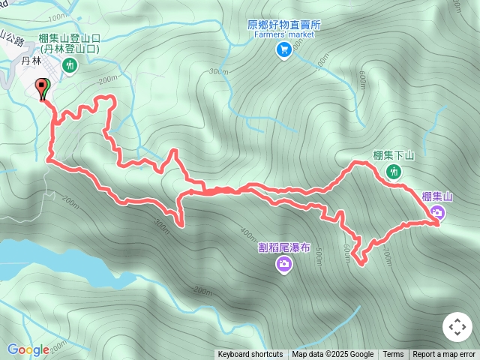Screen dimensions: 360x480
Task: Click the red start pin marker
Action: tap(43, 87)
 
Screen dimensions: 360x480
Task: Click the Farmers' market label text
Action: tap(284, 34)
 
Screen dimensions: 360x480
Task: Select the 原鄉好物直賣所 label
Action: tap(284, 24)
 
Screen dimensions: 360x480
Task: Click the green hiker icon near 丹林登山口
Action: tap(70, 66)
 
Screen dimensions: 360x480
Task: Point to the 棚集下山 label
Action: tap(393, 156)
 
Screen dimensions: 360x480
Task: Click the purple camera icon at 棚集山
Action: tap(437, 213)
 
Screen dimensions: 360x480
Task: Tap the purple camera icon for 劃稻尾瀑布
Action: tap(284, 263)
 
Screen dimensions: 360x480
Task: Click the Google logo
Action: tap(28, 349)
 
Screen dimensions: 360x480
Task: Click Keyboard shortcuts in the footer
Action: tap(250, 355)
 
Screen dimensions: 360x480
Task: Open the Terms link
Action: tap(393, 355)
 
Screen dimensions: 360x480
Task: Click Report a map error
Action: tap(444, 355)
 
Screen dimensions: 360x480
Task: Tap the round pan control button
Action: tap(457, 327)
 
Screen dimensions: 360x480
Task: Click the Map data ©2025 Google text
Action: tap(332, 355)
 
